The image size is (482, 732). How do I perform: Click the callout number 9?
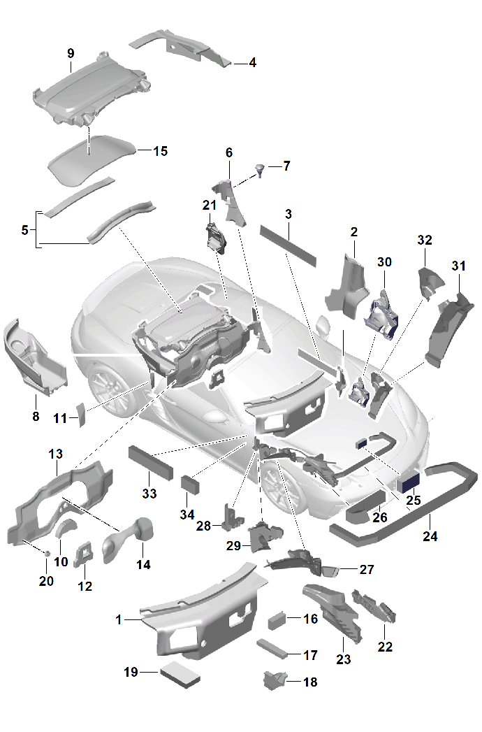click(x=71, y=53)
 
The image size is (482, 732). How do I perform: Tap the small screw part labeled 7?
click(x=260, y=169)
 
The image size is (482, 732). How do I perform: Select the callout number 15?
click(x=160, y=150)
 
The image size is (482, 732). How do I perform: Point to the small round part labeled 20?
click(x=47, y=553)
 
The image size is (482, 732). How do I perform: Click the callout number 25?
click(x=413, y=501)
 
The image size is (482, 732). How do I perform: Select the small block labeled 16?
click(x=277, y=619)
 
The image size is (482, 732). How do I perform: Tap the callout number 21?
click(x=210, y=205)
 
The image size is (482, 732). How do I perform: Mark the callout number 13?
click(x=55, y=454)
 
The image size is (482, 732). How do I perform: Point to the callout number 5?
click(x=25, y=229)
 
